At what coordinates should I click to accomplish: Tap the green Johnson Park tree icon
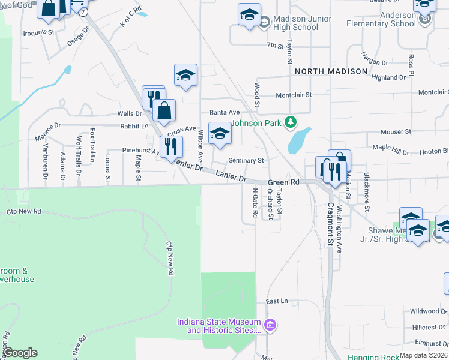click(x=291, y=122)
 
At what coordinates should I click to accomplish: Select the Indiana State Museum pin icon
click(x=270, y=325)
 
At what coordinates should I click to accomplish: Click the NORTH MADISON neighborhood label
click(x=331, y=71)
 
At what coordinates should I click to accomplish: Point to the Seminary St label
click(x=246, y=161)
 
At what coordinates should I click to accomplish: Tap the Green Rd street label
click(x=283, y=182)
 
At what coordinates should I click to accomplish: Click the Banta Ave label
click(x=224, y=112)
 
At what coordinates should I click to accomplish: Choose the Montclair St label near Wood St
click(x=294, y=95)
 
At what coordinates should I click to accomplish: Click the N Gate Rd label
click(x=255, y=202)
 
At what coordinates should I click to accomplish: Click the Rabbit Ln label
click(x=134, y=126)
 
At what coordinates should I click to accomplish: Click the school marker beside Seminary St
click(x=220, y=134)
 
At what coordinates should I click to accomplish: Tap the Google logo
click(x=20, y=352)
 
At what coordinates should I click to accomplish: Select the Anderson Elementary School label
click(x=381, y=19)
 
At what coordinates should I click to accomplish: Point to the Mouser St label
click(x=396, y=131)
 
